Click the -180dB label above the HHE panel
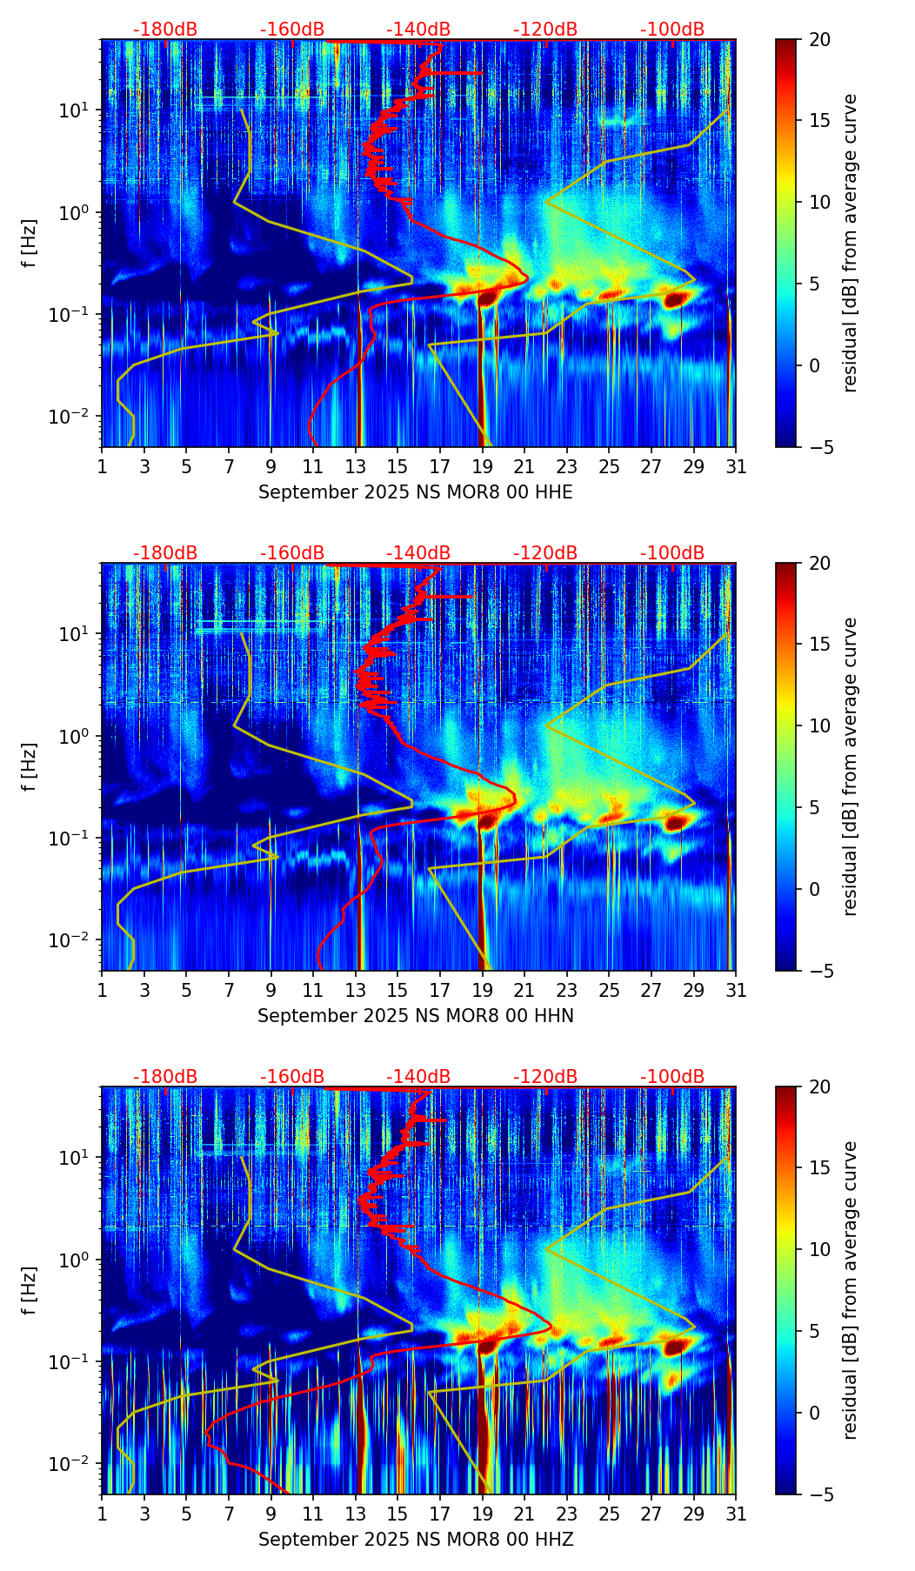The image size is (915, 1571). click(x=165, y=30)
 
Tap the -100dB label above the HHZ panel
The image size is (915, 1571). click(x=672, y=1077)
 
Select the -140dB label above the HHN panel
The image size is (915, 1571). click(x=418, y=553)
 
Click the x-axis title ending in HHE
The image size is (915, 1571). click(x=416, y=492)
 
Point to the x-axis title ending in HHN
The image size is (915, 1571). click(x=416, y=1016)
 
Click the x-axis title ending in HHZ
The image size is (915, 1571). click(x=416, y=1540)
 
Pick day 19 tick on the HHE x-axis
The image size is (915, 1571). click(x=483, y=466)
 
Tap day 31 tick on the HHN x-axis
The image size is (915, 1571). click(x=736, y=990)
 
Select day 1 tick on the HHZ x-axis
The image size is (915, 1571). click(x=103, y=1514)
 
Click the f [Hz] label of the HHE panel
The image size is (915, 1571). click(x=30, y=244)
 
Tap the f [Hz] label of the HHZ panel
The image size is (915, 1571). click(x=30, y=1291)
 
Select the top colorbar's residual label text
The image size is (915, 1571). click(x=851, y=244)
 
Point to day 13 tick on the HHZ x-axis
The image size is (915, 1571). click(x=356, y=1514)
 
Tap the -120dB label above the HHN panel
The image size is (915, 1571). click(x=545, y=553)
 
